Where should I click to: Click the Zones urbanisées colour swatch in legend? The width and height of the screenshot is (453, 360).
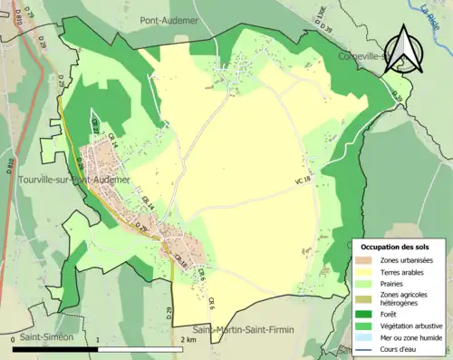click(x=367, y=261)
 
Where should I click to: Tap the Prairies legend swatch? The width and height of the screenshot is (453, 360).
click(x=367, y=282)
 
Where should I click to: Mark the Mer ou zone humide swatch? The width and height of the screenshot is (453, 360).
click(x=367, y=336)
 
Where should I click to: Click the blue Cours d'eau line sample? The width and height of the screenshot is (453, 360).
click(x=367, y=346)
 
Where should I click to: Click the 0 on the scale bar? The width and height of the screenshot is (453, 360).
click(x=13, y=341)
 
